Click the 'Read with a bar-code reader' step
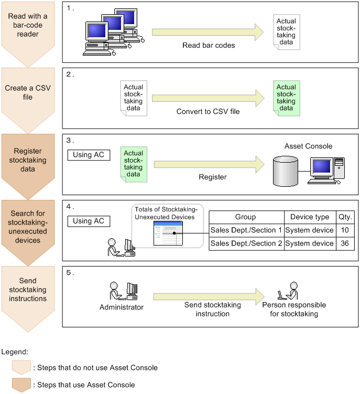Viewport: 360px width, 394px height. click(x=28, y=25)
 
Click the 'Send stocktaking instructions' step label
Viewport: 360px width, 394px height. click(x=28, y=290)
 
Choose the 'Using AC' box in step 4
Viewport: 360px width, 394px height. click(x=89, y=221)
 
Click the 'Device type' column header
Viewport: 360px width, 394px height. click(x=310, y=217)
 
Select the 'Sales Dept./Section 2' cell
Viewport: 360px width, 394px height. click(x=246, y=243)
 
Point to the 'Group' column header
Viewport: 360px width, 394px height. click(x=246, y=217)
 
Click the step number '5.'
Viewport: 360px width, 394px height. click(x=70, y=273)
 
